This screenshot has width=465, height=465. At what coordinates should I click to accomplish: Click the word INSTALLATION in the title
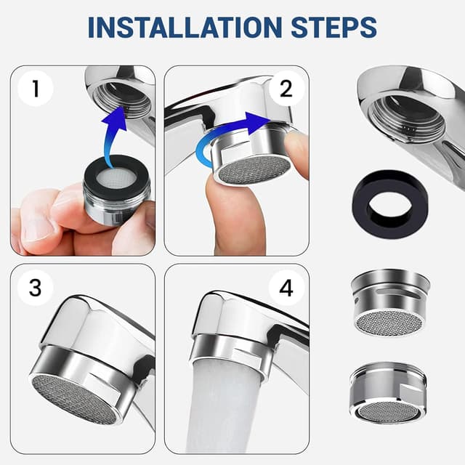tap(185, 28)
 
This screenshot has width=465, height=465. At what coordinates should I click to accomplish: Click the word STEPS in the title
tap(333, 28)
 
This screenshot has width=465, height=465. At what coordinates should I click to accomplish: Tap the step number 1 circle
tap(36, 88)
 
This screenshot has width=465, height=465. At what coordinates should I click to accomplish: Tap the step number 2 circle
tap(286, 88)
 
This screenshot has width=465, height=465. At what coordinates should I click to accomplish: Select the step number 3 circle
tap(36, 288)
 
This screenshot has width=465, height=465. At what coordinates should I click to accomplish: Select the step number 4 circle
tap(286, 288)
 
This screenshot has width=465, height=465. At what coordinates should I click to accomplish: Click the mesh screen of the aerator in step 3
tap(76, 397)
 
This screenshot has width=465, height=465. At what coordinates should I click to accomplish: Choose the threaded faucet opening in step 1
tap(122, 98)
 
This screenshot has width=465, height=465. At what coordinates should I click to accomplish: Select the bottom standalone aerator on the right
tap(388, 392)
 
